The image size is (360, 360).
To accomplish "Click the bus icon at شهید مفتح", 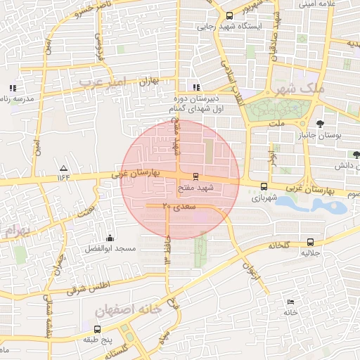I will (195, 176).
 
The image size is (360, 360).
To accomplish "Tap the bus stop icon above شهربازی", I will (264, 186).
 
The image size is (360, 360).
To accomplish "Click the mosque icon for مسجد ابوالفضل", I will (109, 237).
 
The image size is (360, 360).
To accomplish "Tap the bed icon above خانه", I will (291, 302).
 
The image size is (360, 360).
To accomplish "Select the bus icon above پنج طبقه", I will (97, 328).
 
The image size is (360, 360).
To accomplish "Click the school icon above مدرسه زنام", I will (12, 88).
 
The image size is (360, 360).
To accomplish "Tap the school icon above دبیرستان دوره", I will (195, 88).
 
